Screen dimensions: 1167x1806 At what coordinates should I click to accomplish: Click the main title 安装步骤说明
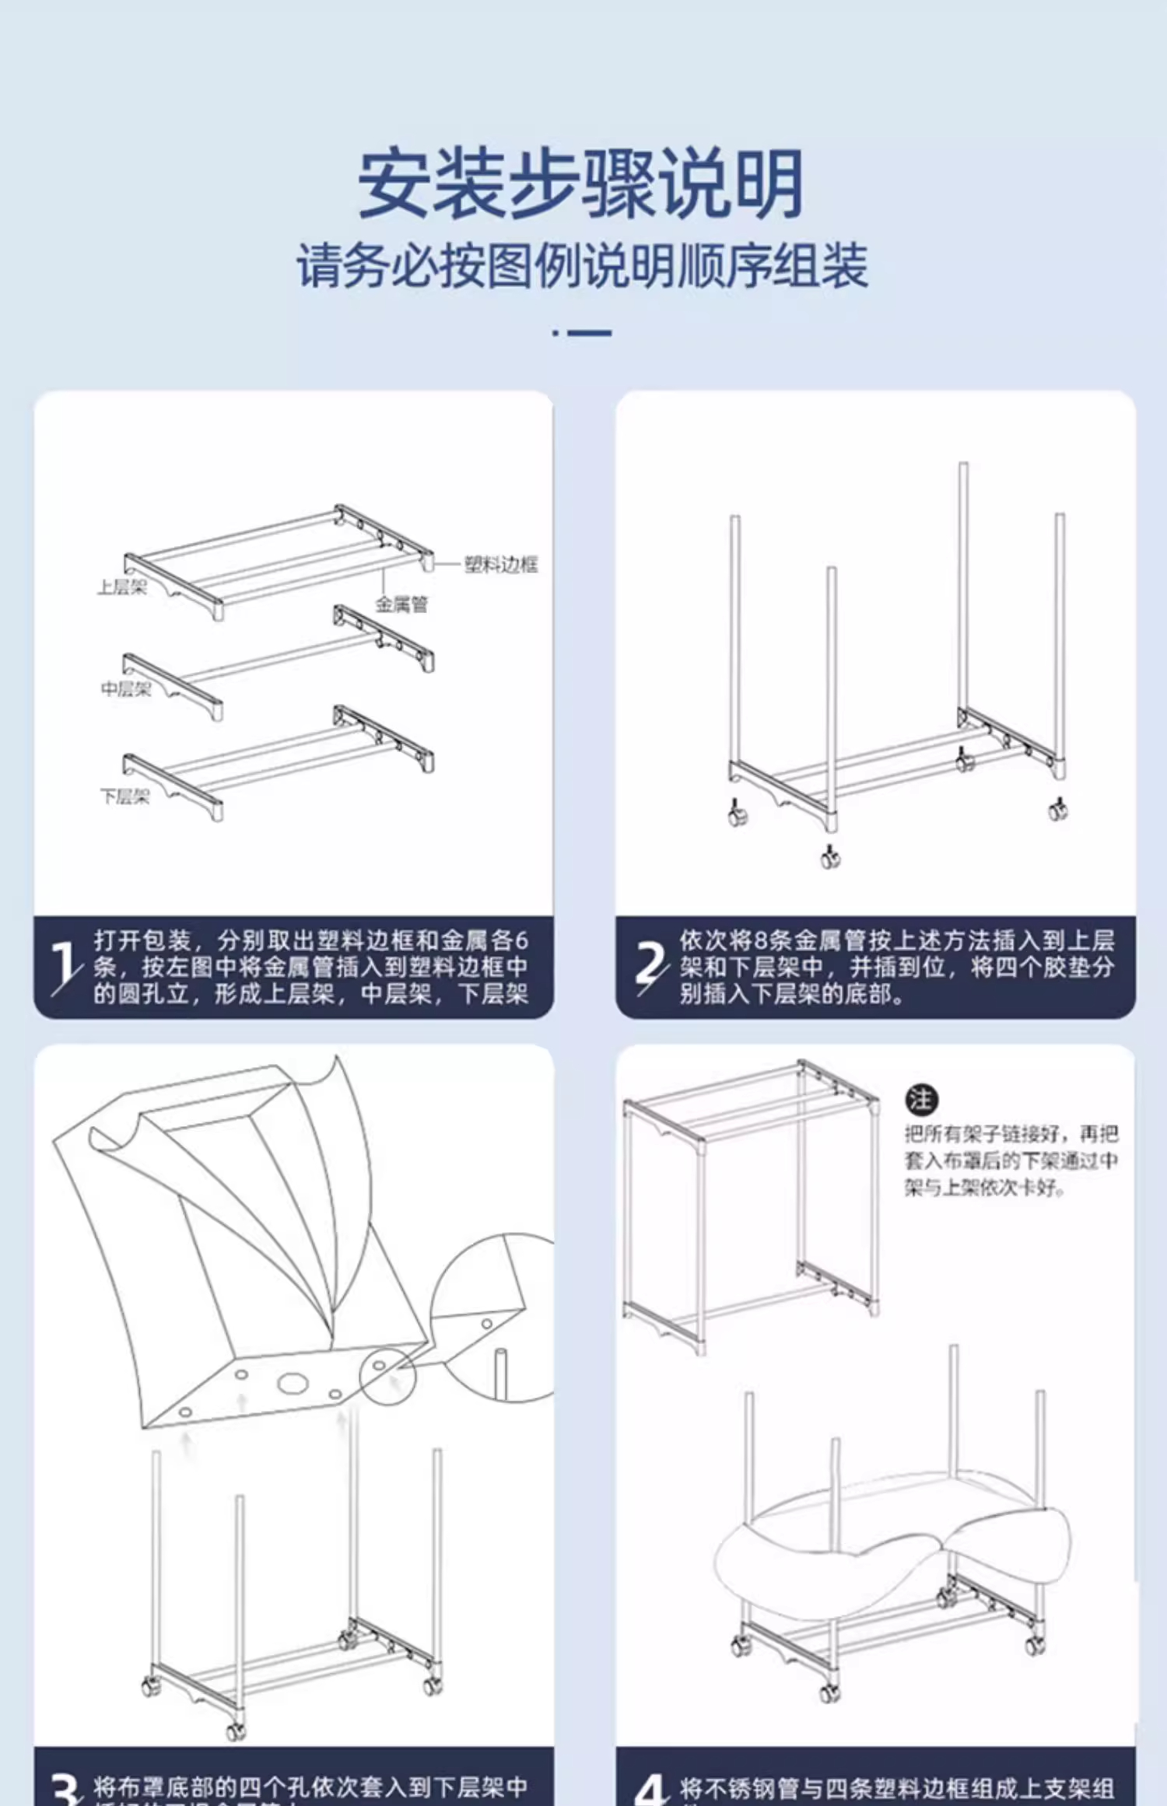pyautogui.click(x=580, y=184)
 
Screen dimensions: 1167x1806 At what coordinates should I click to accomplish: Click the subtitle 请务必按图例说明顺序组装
pyautogui.click(x=582, y=266)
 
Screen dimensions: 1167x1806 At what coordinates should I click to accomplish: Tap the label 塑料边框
pyautogui.click(x=500, y=564)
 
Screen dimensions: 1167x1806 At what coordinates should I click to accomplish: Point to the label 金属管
pyautogui.click(x=401, y=604)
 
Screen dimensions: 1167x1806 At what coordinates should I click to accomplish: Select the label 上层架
pyautogui.click(x=122, y=587)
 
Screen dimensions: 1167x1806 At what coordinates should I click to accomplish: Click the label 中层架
pyautogui.click(x=125, y=688)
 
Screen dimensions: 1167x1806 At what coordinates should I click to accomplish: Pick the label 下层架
pyautogui.click(x=124, y=796)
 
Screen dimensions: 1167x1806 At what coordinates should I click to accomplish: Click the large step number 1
pyautogui.click(x=65, y=967)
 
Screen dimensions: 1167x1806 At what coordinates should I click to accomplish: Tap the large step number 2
pyautogui.click(x=650, y=967)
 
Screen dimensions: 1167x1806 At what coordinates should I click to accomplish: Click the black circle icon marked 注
pyautogui.click(x=921, y=1099)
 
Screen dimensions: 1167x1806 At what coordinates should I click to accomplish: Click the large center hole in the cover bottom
pyautogui.click(x=293, y=1384)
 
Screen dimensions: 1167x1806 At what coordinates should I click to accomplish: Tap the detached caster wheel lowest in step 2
pyautogui.click(x=830, y=858)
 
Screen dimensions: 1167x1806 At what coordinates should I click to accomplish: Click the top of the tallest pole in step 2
pyautogui.click(x=963, y=467)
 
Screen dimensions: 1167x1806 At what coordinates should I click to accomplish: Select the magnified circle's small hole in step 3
pyautogui.click(x=486, y=1323)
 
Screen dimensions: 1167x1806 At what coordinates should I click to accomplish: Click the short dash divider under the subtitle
pyautogui.click(x=582, y=333)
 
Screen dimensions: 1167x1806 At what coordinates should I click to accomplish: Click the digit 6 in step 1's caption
pyautogui.click(x=520, y=940)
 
